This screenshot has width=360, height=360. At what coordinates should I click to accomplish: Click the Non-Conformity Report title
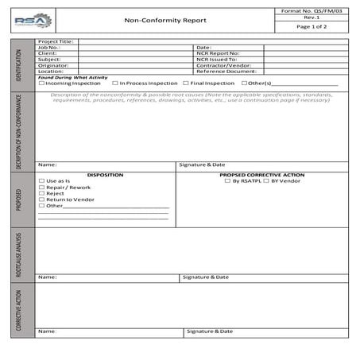[x=165, y=21]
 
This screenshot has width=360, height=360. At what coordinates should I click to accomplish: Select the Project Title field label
[x=56, y=41]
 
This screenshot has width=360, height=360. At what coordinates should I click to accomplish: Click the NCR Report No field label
[x=218, y=53]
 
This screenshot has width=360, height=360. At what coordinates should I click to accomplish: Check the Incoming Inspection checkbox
[x=41, y=83]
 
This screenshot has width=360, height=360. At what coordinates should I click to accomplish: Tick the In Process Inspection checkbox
[x=115, y=83]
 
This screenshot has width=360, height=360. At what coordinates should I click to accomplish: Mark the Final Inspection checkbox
[x=186, y=83]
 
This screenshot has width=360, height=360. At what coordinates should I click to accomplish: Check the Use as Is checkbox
[x=41, y=181]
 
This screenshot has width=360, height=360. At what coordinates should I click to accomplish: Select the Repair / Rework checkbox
[x=41, y=188]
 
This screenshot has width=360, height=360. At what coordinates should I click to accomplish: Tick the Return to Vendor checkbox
[x=41, y=199]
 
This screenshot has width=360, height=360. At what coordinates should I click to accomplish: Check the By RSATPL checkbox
[x=227, y=181]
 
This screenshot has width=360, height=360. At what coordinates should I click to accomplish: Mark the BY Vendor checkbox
[x=266, y=181]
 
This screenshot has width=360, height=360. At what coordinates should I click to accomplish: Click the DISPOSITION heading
[x=105, y=174]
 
